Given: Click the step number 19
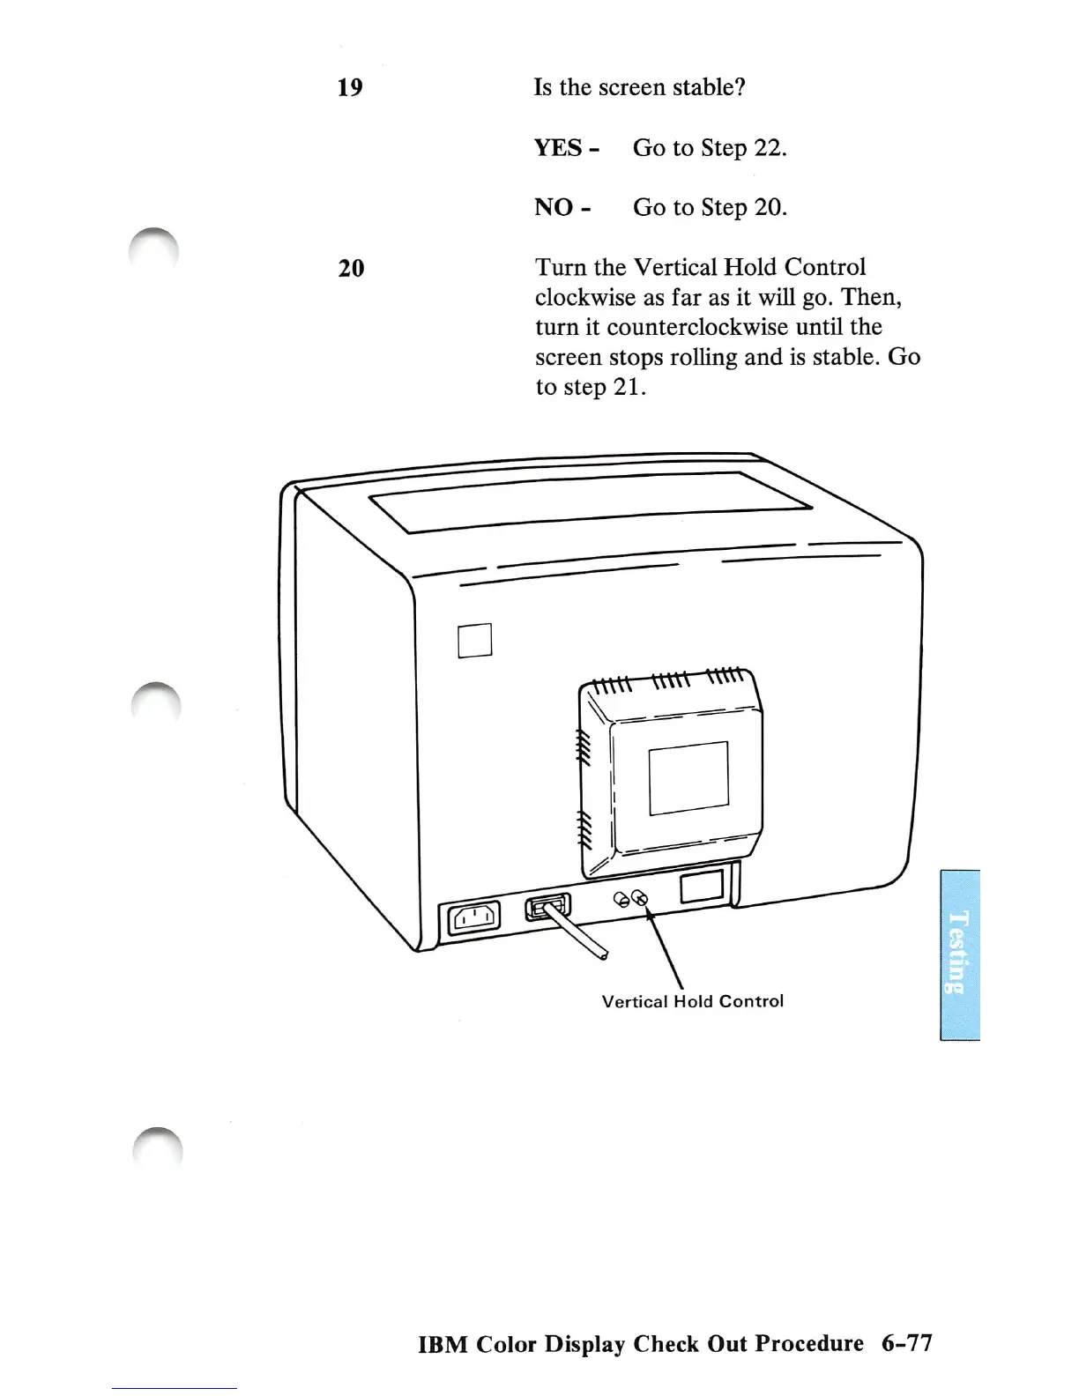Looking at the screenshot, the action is coord(350,87).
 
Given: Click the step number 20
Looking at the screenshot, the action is coord(351,268).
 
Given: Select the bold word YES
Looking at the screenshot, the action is coord(558,148).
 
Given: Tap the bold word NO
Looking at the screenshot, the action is coord(554,208).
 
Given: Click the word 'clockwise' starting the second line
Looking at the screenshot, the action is coord(585,297).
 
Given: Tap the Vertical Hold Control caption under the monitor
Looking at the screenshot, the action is coord(693,1001).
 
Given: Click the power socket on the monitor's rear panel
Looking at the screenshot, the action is coord(475,919).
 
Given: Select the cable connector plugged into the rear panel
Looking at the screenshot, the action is coord(547,907).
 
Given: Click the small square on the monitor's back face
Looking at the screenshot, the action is coord(475,640).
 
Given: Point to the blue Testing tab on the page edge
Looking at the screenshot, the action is coord(959,954).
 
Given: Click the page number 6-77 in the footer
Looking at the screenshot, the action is coord(906,1343).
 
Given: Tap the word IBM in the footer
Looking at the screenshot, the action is coord(443,1345).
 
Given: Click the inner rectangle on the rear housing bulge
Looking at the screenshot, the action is coord(688,778).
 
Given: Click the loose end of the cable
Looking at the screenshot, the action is coord(604,954).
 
